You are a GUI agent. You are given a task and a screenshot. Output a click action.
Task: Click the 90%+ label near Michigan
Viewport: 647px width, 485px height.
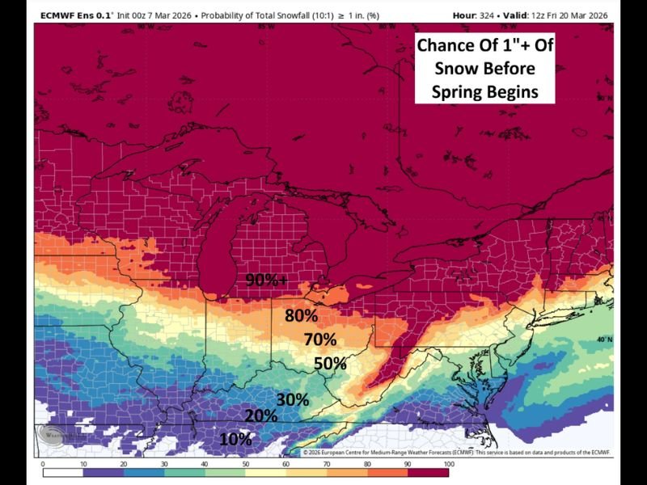[x=267, y=280]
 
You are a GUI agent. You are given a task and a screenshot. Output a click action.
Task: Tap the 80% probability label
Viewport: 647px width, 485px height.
[x=301, y=315]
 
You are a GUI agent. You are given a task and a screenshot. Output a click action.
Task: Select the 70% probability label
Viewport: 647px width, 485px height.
[x=320, y=339]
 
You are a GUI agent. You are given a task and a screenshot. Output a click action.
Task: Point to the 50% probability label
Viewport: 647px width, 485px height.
[x=330, y=363]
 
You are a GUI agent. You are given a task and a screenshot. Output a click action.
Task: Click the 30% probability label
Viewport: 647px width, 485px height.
[x=293, y=399]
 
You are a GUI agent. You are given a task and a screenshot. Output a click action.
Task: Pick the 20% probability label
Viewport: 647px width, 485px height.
[x=261, y=415]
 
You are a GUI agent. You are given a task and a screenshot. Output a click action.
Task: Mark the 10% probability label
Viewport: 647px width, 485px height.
[x=235, y=439]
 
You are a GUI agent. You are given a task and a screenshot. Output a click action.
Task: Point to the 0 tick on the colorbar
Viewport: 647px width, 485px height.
[x=43, y=464]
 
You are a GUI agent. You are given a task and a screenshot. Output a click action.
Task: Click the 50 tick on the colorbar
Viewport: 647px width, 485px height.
[x=246, y=464]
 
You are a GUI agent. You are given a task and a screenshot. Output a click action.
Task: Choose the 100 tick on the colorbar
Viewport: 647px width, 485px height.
[x=449, y=464]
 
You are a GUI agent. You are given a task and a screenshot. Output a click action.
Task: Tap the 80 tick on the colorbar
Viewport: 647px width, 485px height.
[x=368, y=464]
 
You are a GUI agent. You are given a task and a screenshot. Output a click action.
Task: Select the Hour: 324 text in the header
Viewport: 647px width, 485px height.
[x=488, y=15]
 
